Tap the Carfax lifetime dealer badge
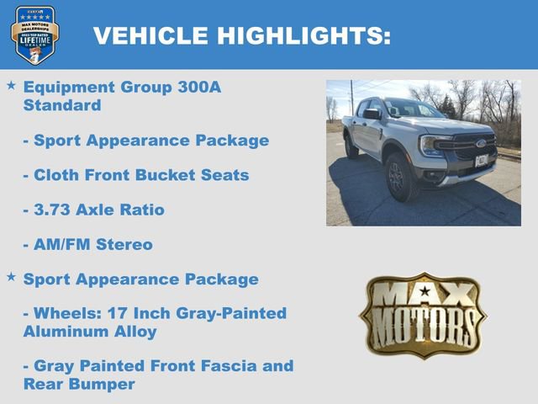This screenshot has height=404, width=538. [34, 35]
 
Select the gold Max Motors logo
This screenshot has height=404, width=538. [423, 315]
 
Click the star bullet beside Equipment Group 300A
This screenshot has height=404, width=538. [11, 86]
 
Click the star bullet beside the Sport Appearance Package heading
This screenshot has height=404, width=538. [11, 276]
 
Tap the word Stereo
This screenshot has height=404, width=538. [124, 245]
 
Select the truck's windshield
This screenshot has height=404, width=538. [413, 109]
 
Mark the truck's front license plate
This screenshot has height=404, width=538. [481, 160]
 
